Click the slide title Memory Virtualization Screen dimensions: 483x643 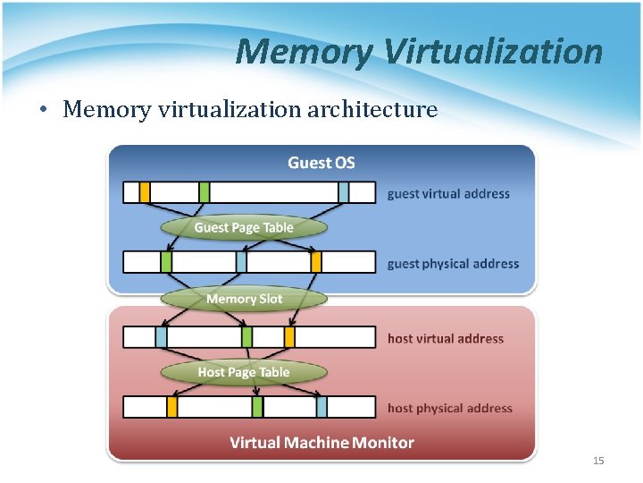pyautogui.click(x=419, y=52)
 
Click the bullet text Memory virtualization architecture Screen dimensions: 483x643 pyautogui.click(x=250, y=110)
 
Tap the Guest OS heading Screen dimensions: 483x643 pyautogui.click(x=321, y=163)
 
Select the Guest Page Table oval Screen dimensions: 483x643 pyautogui.click(x=244, y=227)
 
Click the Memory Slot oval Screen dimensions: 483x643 pyautogui.click(x=244, y=299)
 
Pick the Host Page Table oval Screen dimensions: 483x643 pyautogui.click(x=244, y=372)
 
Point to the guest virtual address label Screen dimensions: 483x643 pyautogui.click(x=448, y=193)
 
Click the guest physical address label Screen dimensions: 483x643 pyautogui.click(x=453, y=264)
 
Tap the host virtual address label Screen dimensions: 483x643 pyautogui.click(x=446, y=338)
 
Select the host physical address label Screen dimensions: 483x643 pyautogui.click(x=450, y=408)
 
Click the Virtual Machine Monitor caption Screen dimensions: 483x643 pyautogui.click(x=321, y=443)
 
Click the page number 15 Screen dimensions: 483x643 pyautogui.click(x=598, y=461)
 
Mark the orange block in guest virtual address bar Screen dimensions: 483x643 pyautogui.click(x=145, y=192)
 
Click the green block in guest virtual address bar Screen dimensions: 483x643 pyautogui.click(x=205, y=192)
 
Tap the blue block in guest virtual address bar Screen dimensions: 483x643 pyautogui.click(x=344, y=192)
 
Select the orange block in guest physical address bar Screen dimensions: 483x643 pyautogui.click(x=316, y=262)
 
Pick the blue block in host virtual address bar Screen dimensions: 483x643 pyautogui.click(x=161, y=337)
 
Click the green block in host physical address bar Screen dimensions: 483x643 pyautogui.click(x=257, y=407)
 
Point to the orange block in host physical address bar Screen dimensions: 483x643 pyautogui.click(x=172, y=407)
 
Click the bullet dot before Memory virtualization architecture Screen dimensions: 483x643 pyautogui.click(x=42, y=111)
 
